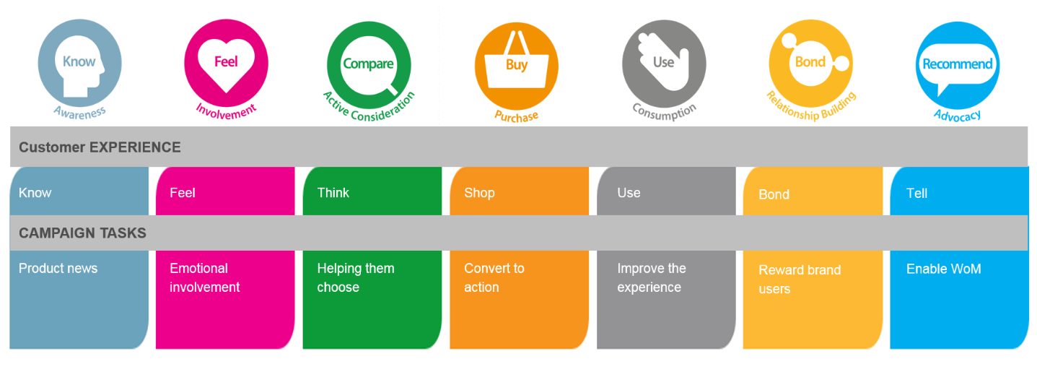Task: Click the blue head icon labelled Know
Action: (x=79, y=64)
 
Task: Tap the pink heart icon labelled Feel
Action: (x=226, y=64)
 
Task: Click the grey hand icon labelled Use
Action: (x=664, y=64)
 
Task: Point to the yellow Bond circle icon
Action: (x=811, y=63)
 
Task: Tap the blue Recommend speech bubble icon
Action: (x=958, y=64)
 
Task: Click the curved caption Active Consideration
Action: (x=369, y=106)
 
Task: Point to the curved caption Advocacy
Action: (x=957, y=114)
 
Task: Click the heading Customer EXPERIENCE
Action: (x=100, y=147)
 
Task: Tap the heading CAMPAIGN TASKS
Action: (x=82, y=233)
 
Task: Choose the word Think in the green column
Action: (x=333, y=193)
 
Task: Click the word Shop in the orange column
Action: (x=479, y=193)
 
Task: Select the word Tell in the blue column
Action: (x=916, y=194)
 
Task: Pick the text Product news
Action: (x=58, y=269)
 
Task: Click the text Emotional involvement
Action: (x=204, y=277)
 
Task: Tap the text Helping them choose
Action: (x=356, y=277)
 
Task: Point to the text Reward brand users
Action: (x=800, y=280)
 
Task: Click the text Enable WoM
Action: (x=943, y=269)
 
